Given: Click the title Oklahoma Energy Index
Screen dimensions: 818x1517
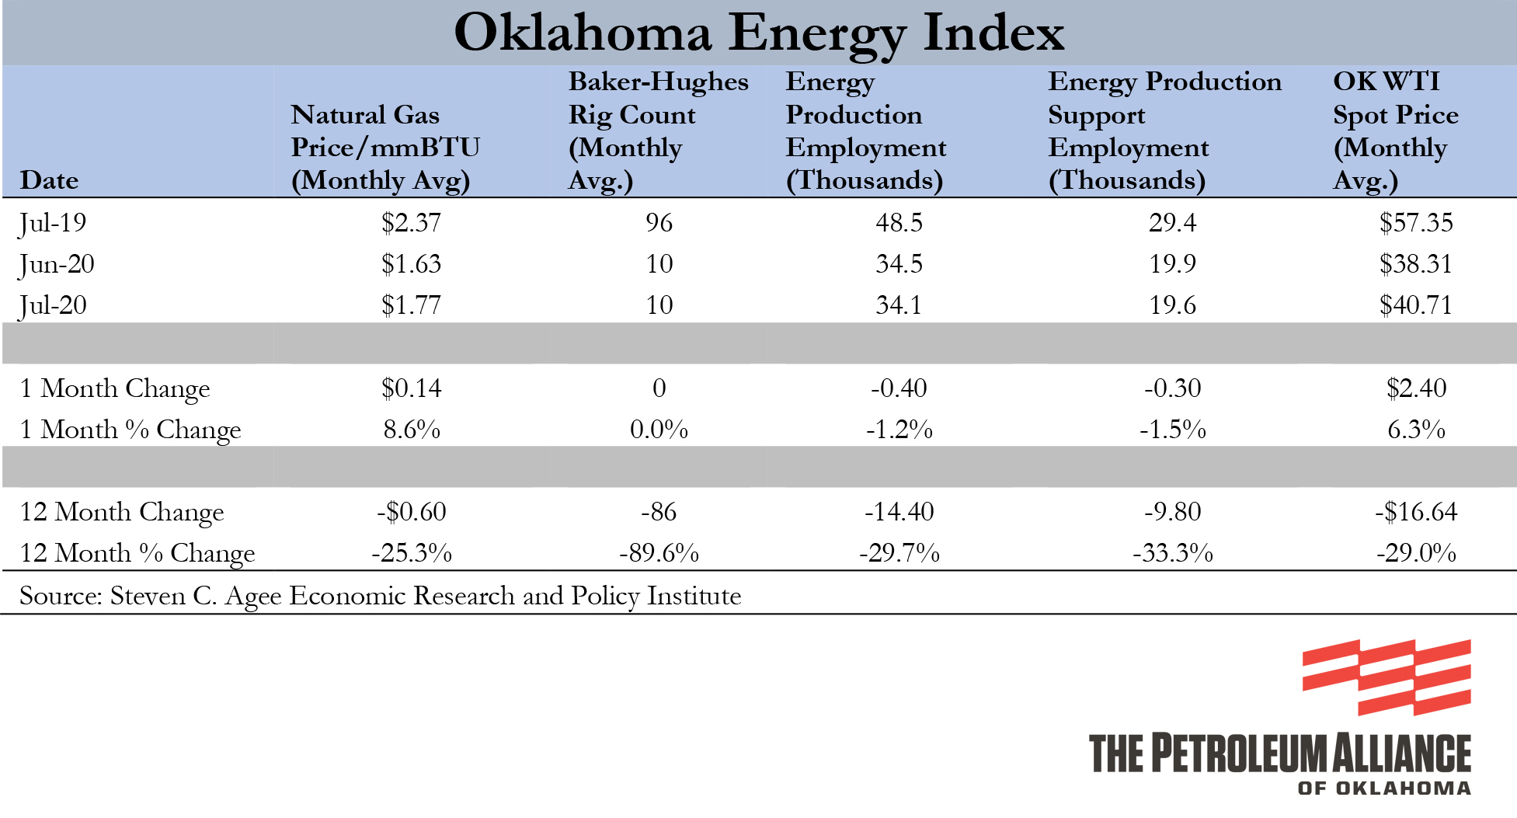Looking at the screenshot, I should tap(758, 33).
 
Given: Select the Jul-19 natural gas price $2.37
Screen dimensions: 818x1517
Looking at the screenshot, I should tap(411, 223).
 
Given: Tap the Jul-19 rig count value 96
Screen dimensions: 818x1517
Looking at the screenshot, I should tap(659, 223).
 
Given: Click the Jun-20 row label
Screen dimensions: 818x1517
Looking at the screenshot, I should tap(57, 264).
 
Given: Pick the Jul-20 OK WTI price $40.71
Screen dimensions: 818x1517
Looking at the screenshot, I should tap(1415, 305).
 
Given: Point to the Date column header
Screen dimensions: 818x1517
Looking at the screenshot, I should tap(49, 180).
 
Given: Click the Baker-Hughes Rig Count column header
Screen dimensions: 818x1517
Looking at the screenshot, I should tap(657, 131).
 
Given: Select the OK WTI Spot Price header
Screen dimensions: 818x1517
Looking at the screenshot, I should tap(1395, 131).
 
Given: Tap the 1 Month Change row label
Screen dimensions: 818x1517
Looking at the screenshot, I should tap(115, 388).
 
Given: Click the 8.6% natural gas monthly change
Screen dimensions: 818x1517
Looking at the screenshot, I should tap(411, 430).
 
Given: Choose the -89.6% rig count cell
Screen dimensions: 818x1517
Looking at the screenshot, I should tap(659, 553).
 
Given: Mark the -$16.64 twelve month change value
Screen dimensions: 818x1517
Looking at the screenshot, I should tap(1415, 512).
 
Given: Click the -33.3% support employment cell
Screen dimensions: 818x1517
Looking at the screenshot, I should tap(1172, 553).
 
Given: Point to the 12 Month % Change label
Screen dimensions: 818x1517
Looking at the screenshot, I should tap(137, 553).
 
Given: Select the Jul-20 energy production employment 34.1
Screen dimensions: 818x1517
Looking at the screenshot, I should tap(899, 305).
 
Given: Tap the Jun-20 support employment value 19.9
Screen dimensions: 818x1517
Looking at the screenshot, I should tap(1172, 264).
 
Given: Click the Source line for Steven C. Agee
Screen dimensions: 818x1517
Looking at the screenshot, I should tap(380, 596).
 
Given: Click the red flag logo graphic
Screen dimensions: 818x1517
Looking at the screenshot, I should tap(1387, 677).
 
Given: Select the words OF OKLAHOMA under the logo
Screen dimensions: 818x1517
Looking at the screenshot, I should tap(1384, 788).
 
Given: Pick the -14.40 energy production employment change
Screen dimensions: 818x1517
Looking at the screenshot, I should tap(899, 512).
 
